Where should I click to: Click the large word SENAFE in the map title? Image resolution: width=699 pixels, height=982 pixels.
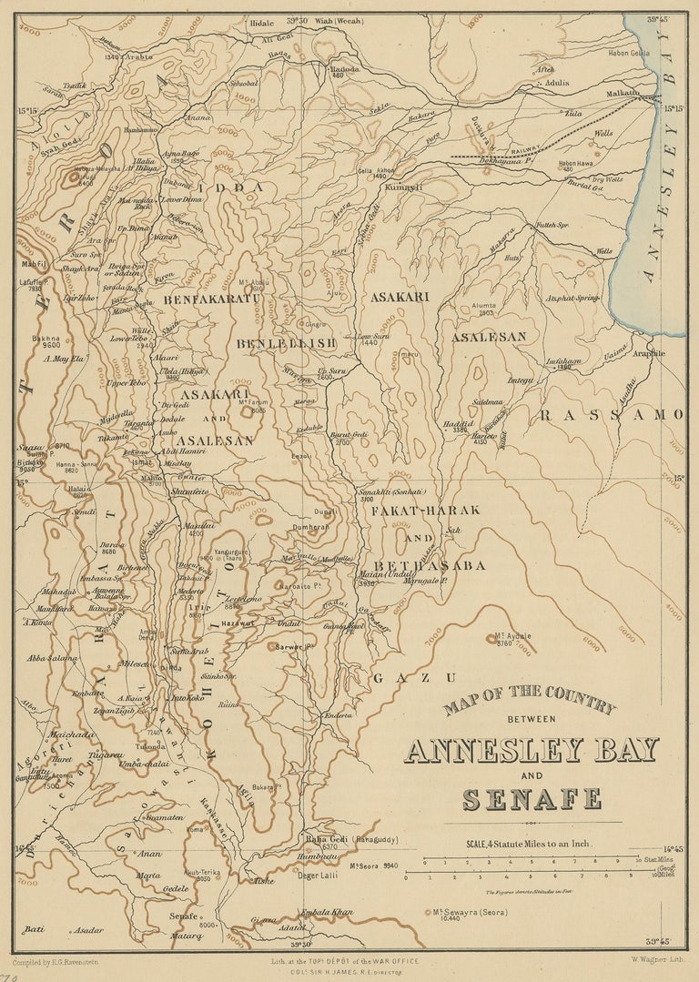[532, 799]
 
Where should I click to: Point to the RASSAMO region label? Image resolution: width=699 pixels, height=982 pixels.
[611, 415]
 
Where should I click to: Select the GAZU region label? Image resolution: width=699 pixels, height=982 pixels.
[413, 678]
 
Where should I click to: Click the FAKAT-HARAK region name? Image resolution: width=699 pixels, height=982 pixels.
[425, 510]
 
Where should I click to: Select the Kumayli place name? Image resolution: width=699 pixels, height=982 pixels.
[404, 187]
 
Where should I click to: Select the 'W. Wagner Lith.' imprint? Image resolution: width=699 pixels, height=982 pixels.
[657, 957]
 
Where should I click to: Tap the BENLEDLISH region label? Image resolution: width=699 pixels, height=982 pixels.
[287, 343]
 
